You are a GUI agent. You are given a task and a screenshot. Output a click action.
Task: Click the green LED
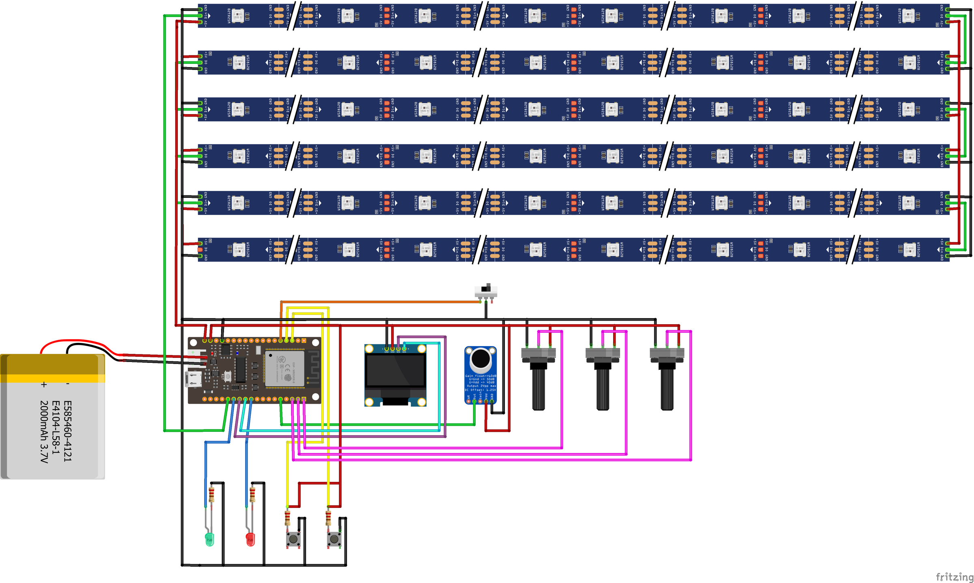pos(209,540)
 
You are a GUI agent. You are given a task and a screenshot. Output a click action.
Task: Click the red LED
pos(250,540)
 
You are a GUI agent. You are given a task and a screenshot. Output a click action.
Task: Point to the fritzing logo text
pos(954,576)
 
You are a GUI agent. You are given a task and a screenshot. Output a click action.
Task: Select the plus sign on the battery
pos(44,384)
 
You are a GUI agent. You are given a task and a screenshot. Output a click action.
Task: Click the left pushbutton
pos(293,539)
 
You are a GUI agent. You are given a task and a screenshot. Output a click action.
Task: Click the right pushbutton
pos(334,539)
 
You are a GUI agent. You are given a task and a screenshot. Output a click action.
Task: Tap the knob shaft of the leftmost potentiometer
pos(539,388)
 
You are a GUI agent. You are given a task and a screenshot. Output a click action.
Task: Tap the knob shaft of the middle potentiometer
pos(603,388)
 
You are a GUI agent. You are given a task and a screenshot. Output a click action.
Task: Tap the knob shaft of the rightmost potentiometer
pos(667,388)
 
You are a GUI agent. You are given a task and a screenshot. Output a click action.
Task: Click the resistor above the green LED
pos(211,495)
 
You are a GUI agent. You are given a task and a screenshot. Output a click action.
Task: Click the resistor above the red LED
pos(252,495)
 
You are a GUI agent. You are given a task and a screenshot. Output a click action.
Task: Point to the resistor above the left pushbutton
pos(287,518)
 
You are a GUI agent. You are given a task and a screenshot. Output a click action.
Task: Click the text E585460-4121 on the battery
pos(67,431)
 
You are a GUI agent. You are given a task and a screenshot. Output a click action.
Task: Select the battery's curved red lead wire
pos(77,341)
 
